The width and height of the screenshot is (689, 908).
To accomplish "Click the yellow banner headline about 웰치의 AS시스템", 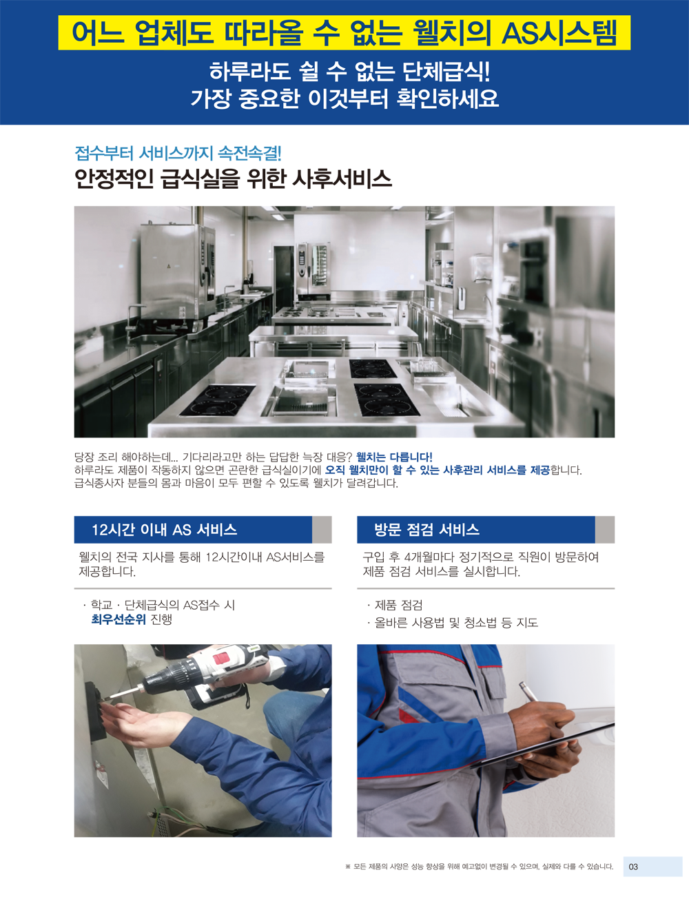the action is click(344, 32).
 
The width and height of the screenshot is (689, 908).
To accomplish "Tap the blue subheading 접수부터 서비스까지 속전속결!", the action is click(178, 153).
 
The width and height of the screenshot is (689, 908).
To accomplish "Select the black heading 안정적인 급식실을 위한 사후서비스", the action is click(233, 179).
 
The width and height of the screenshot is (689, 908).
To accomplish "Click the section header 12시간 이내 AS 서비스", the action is click(164, 530).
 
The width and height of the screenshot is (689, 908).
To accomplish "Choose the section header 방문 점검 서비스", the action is click(426, 530).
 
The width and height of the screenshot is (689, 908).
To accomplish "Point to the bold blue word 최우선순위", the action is click(119, 619).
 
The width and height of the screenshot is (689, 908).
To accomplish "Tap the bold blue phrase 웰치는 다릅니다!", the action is click(394, 457).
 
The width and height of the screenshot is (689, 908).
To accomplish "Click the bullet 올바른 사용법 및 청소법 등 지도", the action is click(456, 623).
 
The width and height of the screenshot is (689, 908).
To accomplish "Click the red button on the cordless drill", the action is click(222, 658).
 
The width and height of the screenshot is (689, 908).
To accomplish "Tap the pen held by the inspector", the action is click(528, 691).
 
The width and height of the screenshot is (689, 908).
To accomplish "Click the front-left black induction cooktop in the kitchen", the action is click(218, 400).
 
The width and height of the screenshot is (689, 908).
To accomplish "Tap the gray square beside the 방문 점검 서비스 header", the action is click(605, 530).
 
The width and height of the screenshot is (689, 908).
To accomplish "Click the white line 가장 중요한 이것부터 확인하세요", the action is click(344, 99).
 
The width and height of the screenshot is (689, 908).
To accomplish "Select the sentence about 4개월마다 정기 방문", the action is click(480, 564).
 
